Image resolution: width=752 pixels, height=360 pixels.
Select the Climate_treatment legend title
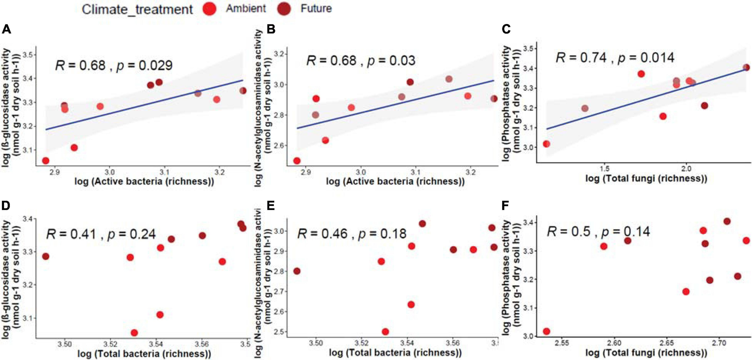pyautogui.click(x=137, y=9)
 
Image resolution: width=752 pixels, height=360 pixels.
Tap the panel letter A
pyautogui.click(x=6, y=29)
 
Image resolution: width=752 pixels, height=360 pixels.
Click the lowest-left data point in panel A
pyautogui.click(x=46, y=161)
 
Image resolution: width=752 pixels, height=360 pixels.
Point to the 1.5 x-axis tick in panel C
pyautogui.click(x=605, y=168)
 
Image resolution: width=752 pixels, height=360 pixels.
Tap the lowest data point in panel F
pyautogui.click(x=547, y=331)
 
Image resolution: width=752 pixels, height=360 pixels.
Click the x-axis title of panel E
pyautogui.click(x=395, y=352)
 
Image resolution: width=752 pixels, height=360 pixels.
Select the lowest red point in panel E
pyautogui.click(x=385, y=332)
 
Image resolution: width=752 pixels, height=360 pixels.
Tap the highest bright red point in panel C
pyautogui.click(x=641, y=74)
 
